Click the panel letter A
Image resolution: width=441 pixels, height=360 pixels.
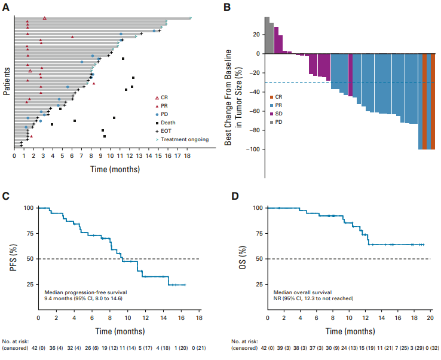tap(5, 7)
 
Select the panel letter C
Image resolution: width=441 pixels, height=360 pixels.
tap(5, 196)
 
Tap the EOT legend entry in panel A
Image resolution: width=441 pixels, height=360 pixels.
tap(167, 131)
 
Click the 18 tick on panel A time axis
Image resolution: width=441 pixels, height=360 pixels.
tap(189, 156)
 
